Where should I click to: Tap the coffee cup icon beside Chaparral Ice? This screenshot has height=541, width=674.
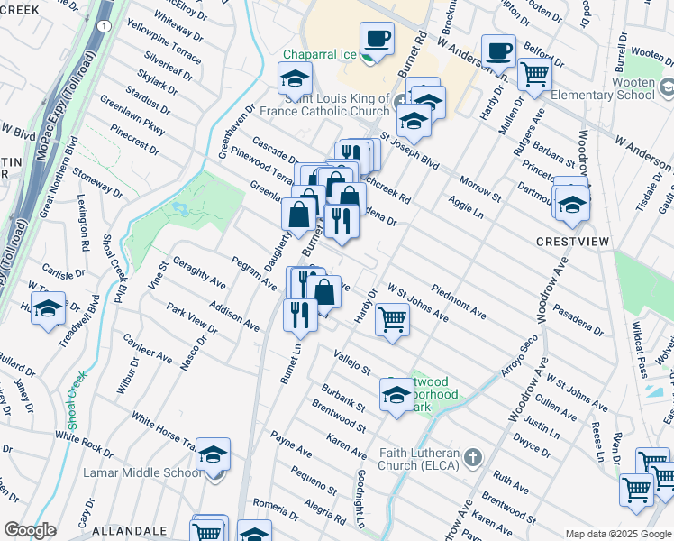pos(377,41)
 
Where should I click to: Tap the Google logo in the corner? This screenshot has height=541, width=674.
pos(30,530)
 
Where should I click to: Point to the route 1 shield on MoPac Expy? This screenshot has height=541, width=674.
pos(105,27)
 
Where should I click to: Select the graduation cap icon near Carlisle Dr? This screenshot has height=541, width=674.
pos(48,307)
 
